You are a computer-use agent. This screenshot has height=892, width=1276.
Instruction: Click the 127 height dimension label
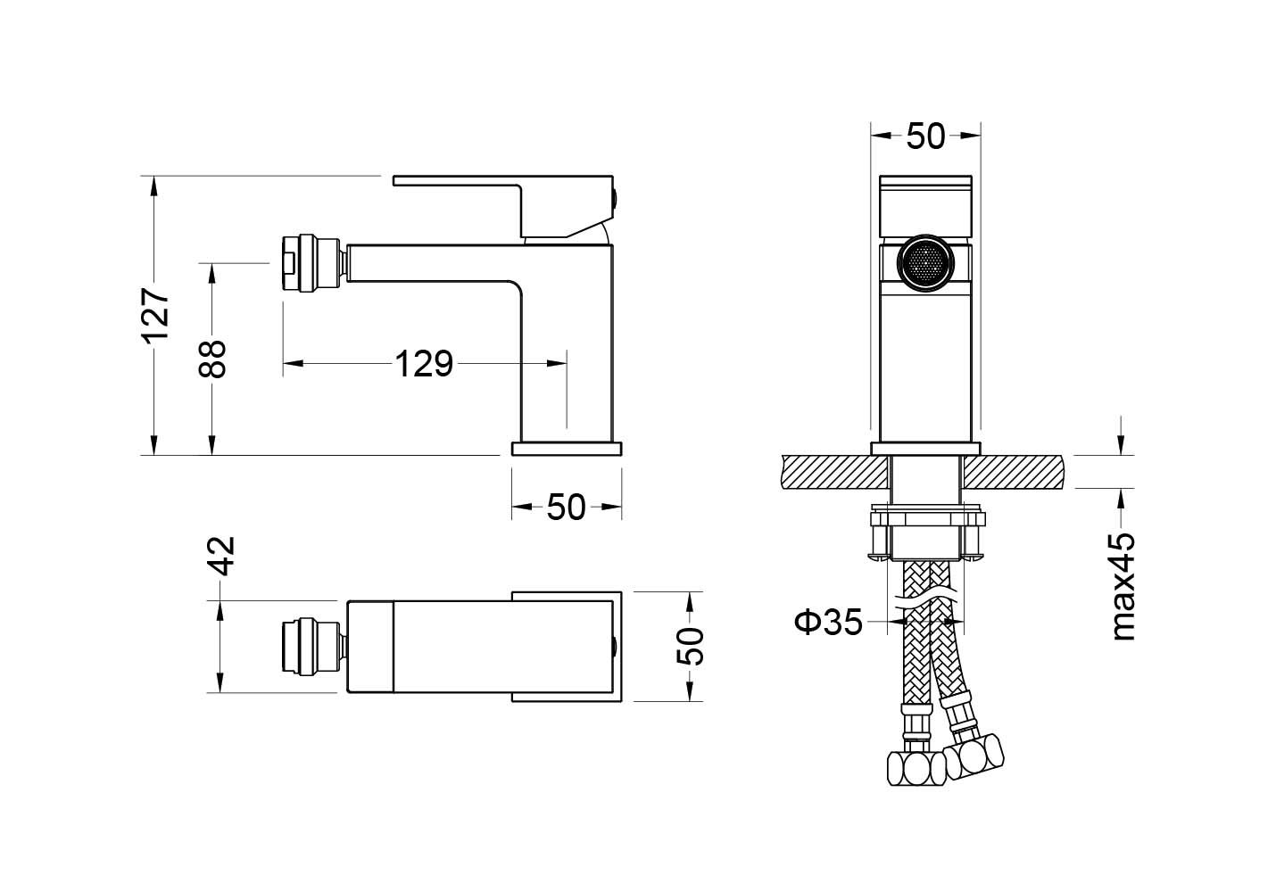tap(155, 316)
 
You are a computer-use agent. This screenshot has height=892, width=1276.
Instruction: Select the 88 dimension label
tap(211, 359)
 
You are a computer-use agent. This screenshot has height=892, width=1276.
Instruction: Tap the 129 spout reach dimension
tap(424, 363)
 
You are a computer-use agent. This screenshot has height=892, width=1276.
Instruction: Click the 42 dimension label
tap(220, 556)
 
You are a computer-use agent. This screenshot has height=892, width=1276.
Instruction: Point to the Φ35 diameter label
tap(829, 622)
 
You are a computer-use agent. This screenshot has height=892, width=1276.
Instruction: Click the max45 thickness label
tap(1124, 587)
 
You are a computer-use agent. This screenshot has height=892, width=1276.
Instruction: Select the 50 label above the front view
tap(925, 136)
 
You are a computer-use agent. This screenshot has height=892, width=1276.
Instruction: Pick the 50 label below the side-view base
tap(567, 507)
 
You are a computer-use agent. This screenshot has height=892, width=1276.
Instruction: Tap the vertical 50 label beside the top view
tap(691, 647)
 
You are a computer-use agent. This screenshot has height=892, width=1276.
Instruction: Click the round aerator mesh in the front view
tap(925, 263)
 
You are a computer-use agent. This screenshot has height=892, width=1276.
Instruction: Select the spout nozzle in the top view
tap(314, 647)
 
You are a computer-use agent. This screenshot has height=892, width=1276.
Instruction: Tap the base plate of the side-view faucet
tap(567, 449)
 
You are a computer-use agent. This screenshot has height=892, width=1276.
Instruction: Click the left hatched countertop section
tap(834, 472)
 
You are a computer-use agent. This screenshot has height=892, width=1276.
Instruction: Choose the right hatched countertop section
tap(1013, 472)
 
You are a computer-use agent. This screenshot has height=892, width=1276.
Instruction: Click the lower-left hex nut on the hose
tap(916, 769)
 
